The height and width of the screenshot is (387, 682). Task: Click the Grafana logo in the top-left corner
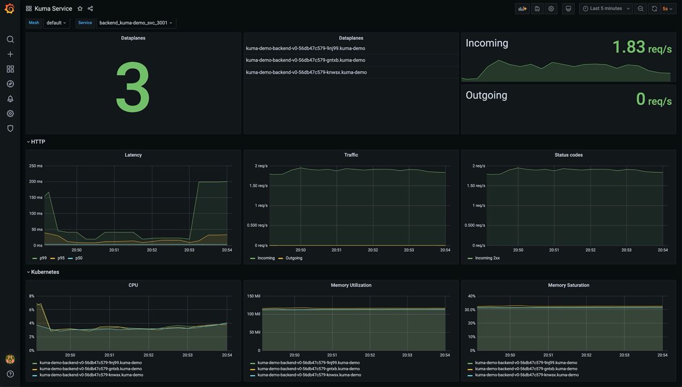10,9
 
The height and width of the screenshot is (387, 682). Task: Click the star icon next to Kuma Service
80,9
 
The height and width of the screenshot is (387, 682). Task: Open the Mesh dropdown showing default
56,23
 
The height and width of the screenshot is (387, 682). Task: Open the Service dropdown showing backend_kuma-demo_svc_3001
136,23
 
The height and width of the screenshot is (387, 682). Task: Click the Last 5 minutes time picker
606,9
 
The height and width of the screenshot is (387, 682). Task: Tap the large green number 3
133,87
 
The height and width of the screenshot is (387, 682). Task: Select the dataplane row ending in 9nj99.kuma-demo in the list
305,49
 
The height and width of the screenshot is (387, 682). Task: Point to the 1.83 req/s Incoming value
642,47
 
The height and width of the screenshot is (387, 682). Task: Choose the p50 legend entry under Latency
78,258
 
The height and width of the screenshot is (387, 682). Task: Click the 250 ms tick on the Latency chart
36,166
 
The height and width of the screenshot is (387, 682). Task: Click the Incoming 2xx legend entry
487,258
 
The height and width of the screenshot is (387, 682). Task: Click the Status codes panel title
569,155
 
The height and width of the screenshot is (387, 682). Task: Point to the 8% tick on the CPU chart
31,296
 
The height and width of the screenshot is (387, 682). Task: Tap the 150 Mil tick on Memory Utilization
253,296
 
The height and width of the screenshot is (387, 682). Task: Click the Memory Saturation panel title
569,285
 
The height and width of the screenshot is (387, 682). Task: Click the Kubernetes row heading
45,272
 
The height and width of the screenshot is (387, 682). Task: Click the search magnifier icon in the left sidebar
10,39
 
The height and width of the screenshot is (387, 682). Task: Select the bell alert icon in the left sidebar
10,99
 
